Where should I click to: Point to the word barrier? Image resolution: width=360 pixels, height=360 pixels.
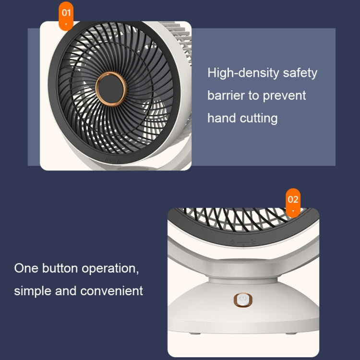[x=226, y=95]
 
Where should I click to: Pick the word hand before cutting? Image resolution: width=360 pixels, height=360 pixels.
[x=222, y=118]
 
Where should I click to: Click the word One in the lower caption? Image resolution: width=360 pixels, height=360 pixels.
[x=25, y=268]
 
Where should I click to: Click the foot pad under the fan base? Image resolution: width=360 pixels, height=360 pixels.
[x=197, y=346]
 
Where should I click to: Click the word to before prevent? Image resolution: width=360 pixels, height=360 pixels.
[x=254, y=95]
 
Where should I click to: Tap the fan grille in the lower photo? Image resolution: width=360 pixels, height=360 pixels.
[x=242, y=220]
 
